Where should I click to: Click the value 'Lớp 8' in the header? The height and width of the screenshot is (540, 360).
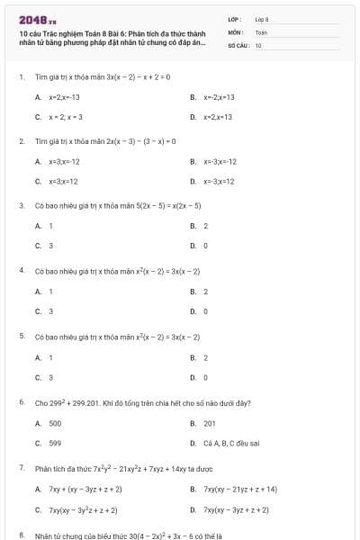pos(262,19)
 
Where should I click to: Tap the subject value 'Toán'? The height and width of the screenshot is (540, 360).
pos(261,31)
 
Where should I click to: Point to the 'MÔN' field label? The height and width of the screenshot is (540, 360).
pos(234,31)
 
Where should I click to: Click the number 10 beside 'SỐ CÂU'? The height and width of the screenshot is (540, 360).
pos(258,44)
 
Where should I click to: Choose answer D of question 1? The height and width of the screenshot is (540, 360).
pos(217,117)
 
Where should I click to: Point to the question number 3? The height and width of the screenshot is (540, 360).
pos(21,205)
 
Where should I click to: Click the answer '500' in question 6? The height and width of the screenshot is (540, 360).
pos(55,422)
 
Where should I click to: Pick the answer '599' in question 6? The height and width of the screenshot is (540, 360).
pos(55,443)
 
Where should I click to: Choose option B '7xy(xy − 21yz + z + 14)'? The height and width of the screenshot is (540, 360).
pos(239,489)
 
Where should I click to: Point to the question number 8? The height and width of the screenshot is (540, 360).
pos(21,535)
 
